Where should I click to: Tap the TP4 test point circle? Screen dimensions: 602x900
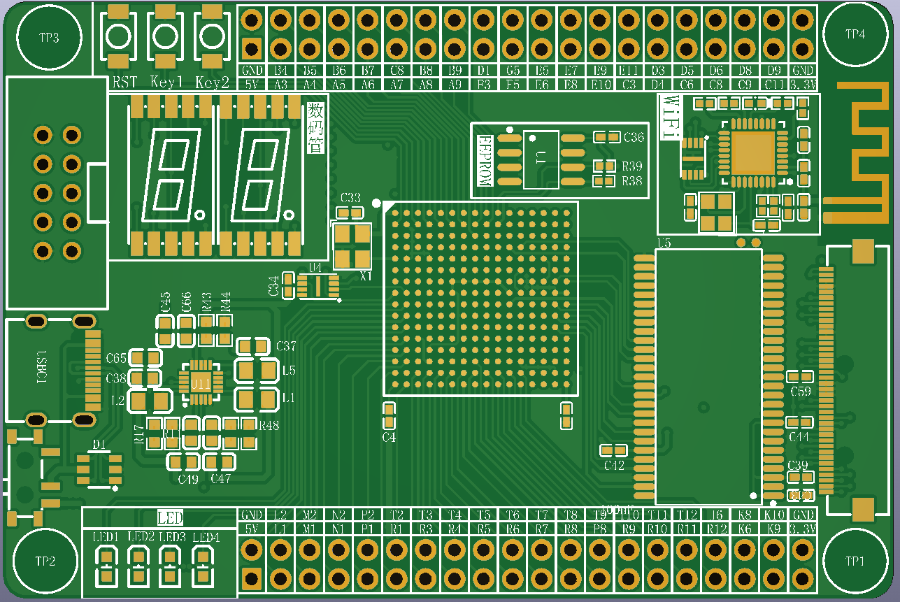point(855,34)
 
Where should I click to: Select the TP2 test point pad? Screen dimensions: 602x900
point(45,561)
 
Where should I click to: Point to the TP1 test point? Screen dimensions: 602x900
point(855,561)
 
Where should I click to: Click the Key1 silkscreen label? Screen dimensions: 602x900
point(166,83)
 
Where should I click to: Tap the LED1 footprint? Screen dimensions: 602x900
point(106,565)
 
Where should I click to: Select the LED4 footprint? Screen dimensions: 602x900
point(203,565)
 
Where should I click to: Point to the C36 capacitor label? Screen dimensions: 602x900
point(634,137)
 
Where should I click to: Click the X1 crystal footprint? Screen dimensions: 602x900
point(352,246)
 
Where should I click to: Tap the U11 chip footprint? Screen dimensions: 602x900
point(201,382)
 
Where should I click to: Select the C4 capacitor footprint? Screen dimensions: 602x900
point(389,415)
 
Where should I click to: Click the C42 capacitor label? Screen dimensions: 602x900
point(615,466)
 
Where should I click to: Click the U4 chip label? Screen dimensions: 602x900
point(315,267)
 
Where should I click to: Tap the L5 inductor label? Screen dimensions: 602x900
point(289,370)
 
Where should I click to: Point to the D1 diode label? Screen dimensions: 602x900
point(99,444)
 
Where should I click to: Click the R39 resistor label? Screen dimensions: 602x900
point(632,166)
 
